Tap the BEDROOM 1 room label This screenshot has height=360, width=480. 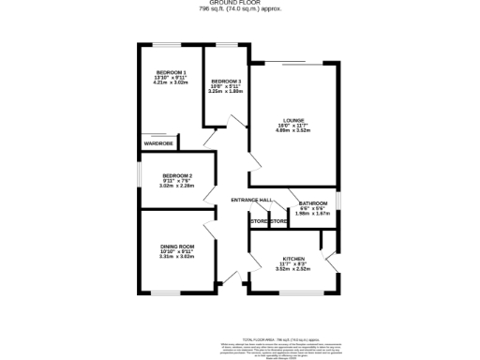click(x=172, y=72)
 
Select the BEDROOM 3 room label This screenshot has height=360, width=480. click(x=226, y=82)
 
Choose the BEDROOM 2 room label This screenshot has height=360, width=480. click(x=176, y=175)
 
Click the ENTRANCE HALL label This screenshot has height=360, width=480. click(x=252, y=200)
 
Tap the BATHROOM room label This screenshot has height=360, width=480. click(x=312, y=203)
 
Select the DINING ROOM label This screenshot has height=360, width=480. click(x=176, y=246)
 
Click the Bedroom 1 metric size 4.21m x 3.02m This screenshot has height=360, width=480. click(x=172, y=83)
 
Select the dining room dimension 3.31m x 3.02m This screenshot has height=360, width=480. click(x=176, y=257)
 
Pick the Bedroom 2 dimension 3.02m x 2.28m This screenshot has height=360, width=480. click(x=176, y=187)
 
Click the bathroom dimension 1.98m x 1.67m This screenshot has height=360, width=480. click(x=312, y=214)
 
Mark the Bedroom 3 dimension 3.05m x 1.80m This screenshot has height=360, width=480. click(x=226, y=93)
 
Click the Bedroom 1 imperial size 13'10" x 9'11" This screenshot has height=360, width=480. click(x=172, y=78)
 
